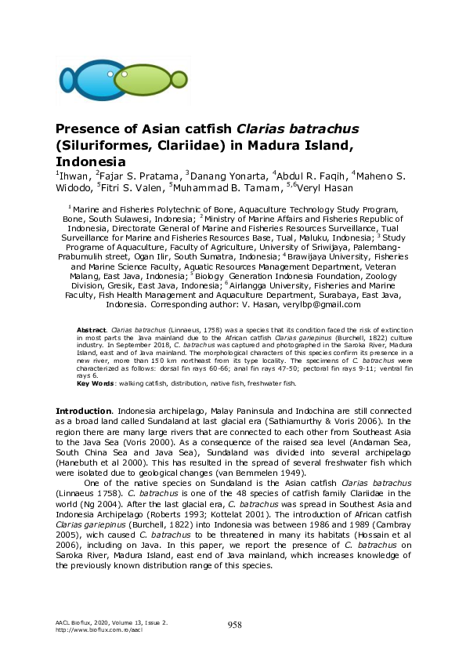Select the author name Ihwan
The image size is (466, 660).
point(73,176)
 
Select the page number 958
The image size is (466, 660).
point(234,625)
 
